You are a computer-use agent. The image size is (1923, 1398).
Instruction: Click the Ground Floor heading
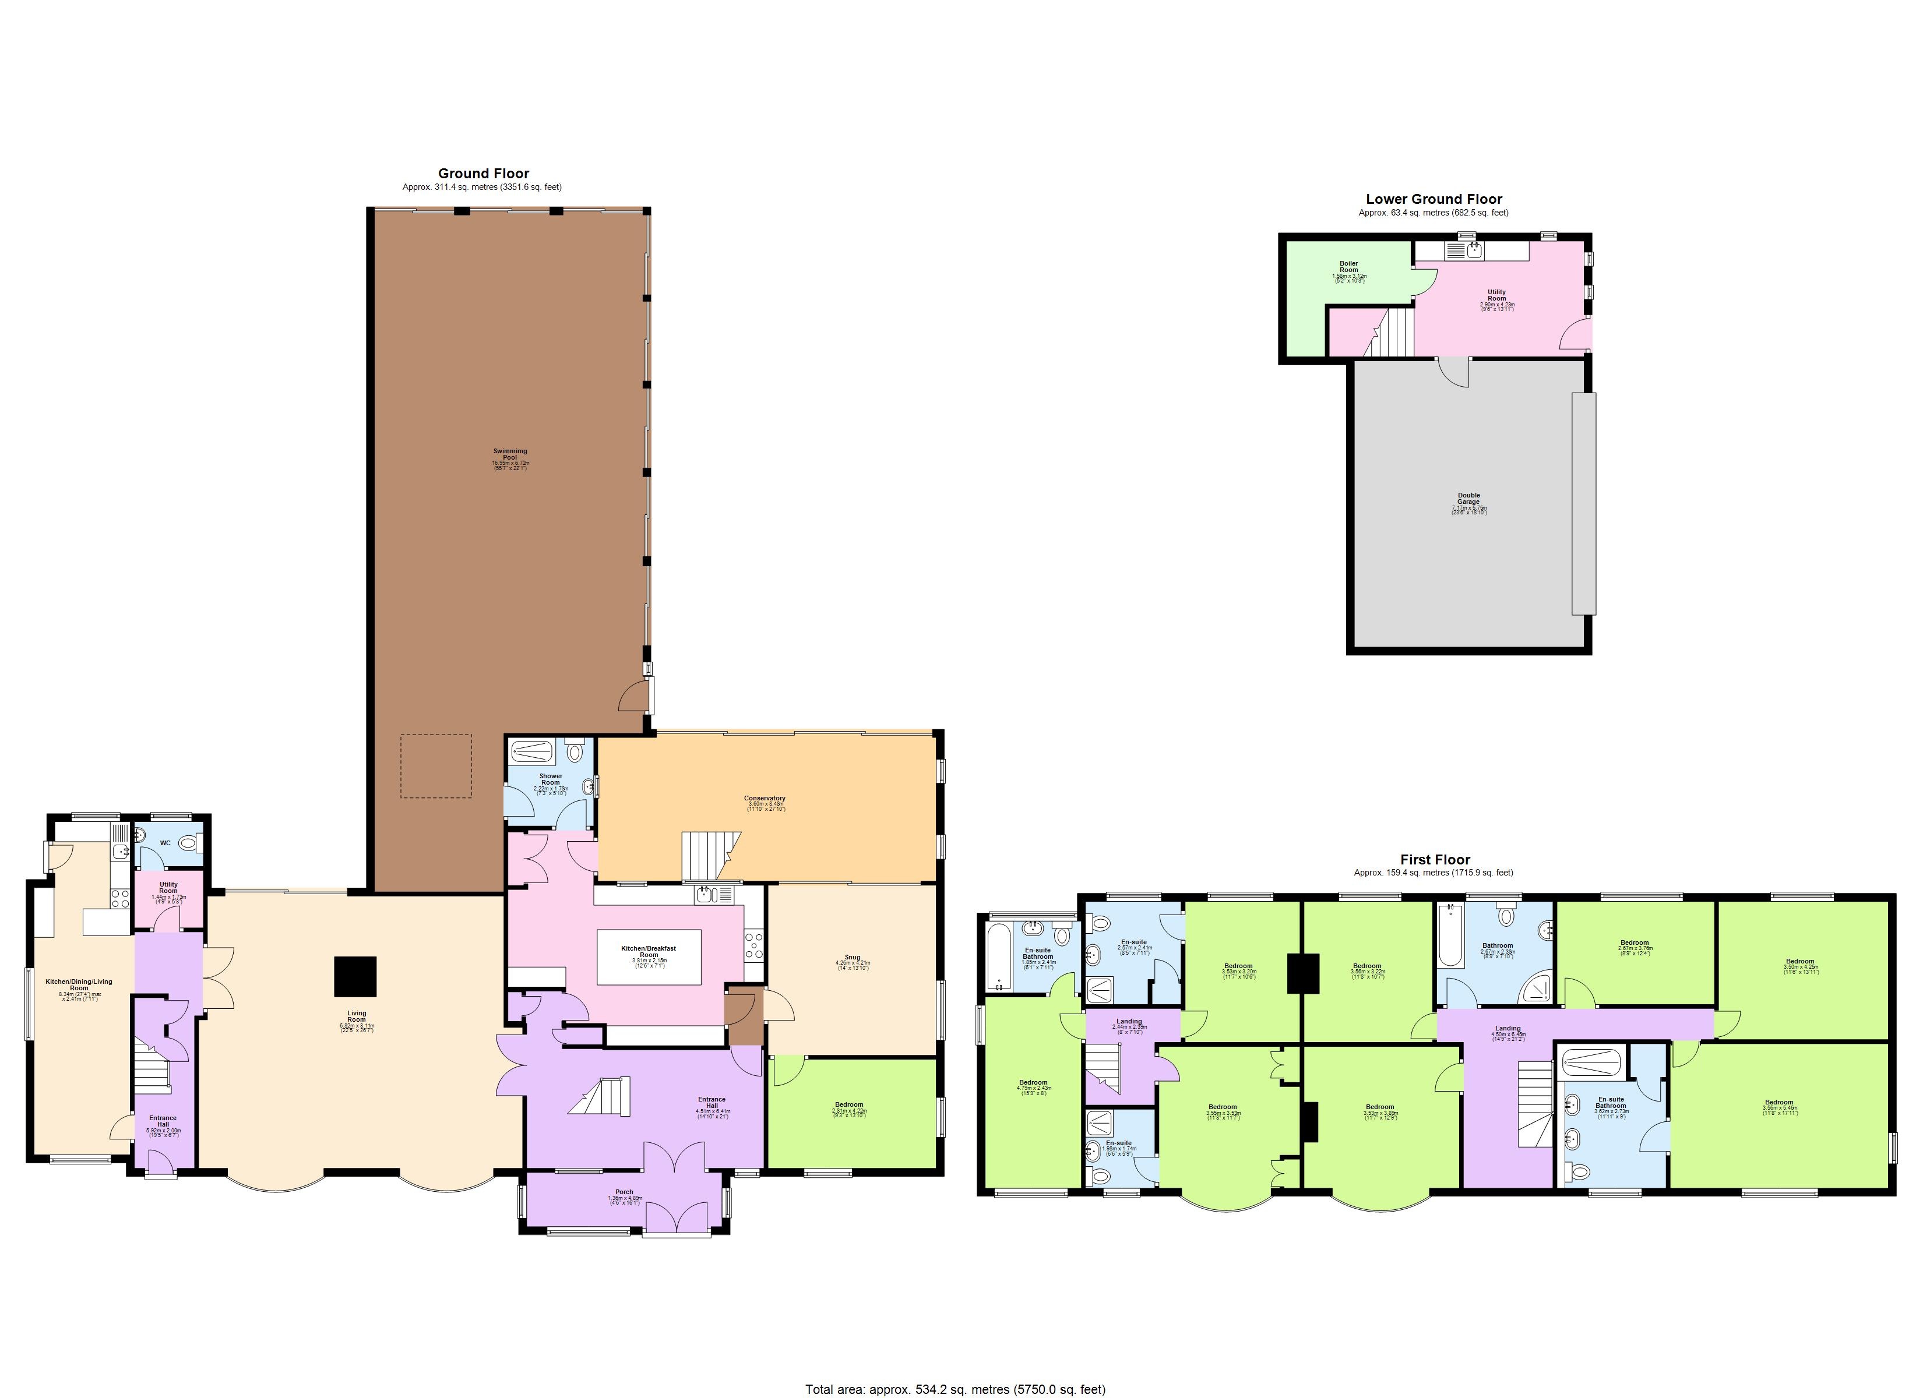(483, 174)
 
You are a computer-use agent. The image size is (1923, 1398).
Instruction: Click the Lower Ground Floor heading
(1434, 199)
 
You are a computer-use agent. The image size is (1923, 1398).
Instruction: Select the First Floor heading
(1435, 860)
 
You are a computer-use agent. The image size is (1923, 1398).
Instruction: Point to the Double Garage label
(1468, 499)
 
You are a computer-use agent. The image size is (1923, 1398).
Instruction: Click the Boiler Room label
(1348, 267)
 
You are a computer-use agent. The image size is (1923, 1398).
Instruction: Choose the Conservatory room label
(764, 798)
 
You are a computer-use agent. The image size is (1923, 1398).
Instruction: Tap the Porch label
(624, 1192)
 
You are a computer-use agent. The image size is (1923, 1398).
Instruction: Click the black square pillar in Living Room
(355, 977)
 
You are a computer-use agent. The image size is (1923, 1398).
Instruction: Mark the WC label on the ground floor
(165, 843)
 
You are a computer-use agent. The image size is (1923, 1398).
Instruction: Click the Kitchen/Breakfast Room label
(649, 951)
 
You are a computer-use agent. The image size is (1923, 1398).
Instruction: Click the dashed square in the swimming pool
(436, 765)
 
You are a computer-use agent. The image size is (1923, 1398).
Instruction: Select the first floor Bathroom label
(1498, 945)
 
